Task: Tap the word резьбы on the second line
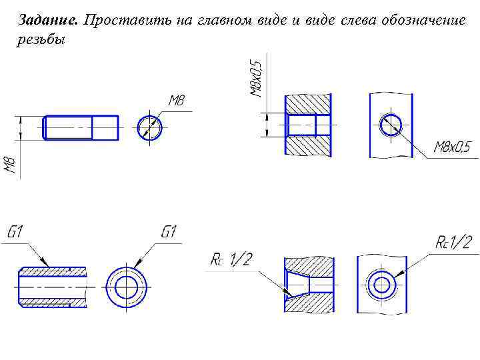[40, 40]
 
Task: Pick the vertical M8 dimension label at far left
[11, 165]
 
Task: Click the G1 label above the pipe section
[16, 233]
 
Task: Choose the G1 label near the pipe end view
[169, 233]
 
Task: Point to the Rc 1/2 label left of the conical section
[231, 259]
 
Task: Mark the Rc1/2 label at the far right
[453, 243]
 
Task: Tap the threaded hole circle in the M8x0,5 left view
[391, 125]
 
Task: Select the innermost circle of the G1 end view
[125, 287]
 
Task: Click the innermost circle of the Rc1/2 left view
[382, 285]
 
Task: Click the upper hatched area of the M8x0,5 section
[307, 103]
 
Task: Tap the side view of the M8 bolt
[81, 127]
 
